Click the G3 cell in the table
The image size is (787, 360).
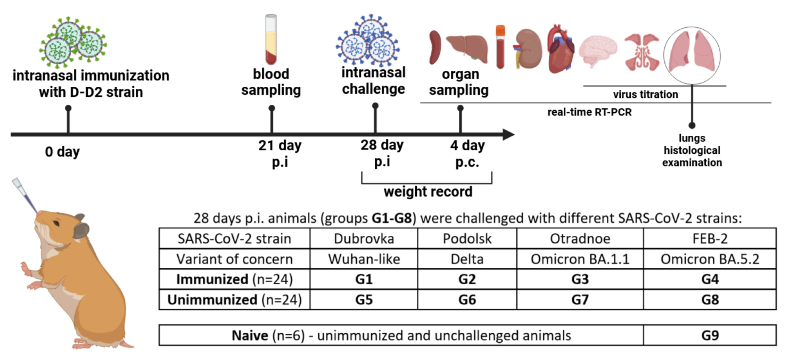coord(580,279)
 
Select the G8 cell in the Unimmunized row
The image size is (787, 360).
coord(710,300)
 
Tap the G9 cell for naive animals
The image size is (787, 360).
coord(710,335)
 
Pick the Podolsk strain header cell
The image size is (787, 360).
coord(467,239)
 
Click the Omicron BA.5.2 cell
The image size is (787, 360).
coord(710,259)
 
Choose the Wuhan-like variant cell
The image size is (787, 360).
coord(364,259)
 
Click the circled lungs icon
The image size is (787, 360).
coord(692,55)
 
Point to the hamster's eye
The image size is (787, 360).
coord(56,223)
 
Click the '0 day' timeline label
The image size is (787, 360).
coord(62,152)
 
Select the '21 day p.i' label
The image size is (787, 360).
coord(280,153)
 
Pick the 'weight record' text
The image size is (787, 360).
coord(428,192)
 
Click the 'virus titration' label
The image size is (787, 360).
coord(645,95)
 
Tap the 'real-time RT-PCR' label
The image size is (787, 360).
coord(589,112)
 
